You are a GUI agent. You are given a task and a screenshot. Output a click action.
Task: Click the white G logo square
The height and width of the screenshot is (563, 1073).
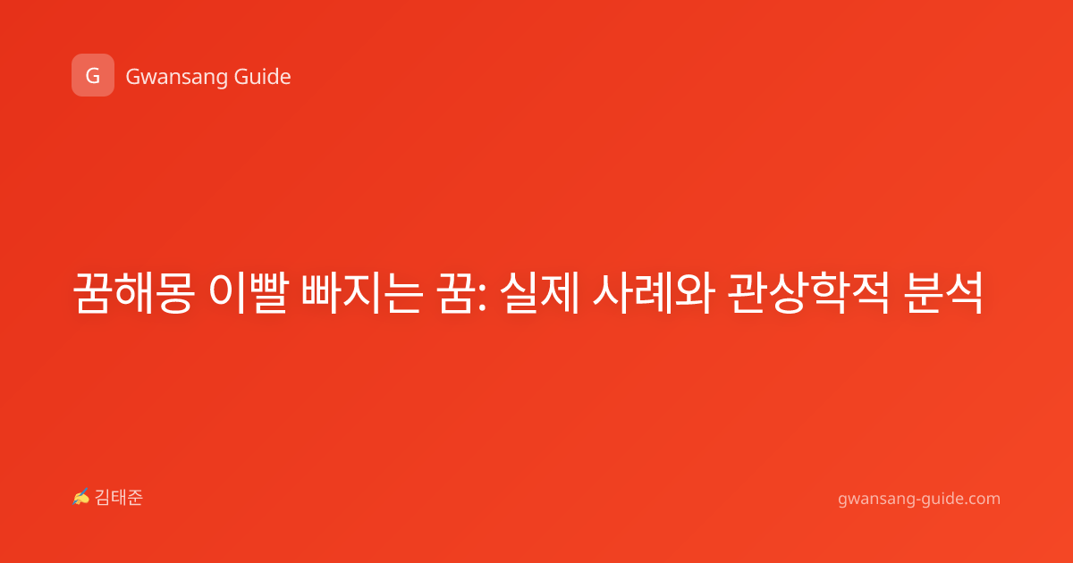pyautogui.click(x=93, y=75)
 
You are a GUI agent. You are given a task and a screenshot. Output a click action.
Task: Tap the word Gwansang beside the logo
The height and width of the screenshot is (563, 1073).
pyautogui.click(x=176, y=78)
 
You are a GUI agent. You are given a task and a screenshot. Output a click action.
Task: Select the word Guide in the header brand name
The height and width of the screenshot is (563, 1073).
pyautogui.click(x=262, y=77)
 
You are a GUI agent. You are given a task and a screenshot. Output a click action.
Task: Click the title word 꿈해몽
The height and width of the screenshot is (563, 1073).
pyautogui.click(x=133, y=292)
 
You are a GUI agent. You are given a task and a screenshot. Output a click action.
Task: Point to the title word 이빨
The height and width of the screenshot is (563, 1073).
pyautogui.click(x=249, y=292)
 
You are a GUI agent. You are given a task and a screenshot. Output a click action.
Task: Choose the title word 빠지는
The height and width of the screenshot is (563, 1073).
pyautogui.click(x=362, y=292)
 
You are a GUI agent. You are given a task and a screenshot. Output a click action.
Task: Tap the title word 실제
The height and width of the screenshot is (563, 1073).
pyautogui.click(x=540, y=292)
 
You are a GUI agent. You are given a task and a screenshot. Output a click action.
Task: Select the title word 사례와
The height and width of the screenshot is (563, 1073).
pyautogui.click(x=654, y=292)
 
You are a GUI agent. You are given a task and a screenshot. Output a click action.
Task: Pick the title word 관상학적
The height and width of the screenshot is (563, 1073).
pyautogui.click(x=808, y=292)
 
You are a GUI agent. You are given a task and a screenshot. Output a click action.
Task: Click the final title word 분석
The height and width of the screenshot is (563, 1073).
pyautogui.click(x=942, y=292)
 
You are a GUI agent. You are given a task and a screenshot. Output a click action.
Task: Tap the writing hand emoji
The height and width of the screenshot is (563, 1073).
pyautogui.click(x=81, y=497)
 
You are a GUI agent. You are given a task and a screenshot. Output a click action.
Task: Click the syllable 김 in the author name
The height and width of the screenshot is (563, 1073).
pyautogui.click(x=103, y=498)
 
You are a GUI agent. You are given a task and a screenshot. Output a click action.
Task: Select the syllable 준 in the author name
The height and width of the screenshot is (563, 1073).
pyautogui.click(x=135, y=498)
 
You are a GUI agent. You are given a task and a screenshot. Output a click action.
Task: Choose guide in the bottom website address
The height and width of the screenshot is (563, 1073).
pyautogui.click(x=939, y=499)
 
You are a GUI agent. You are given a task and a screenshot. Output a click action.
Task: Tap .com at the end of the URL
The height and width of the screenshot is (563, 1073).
pyautogui.click(x=982, y=500)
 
